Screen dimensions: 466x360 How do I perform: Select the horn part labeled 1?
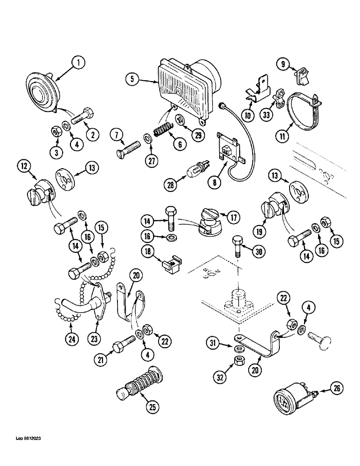[42, 91]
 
